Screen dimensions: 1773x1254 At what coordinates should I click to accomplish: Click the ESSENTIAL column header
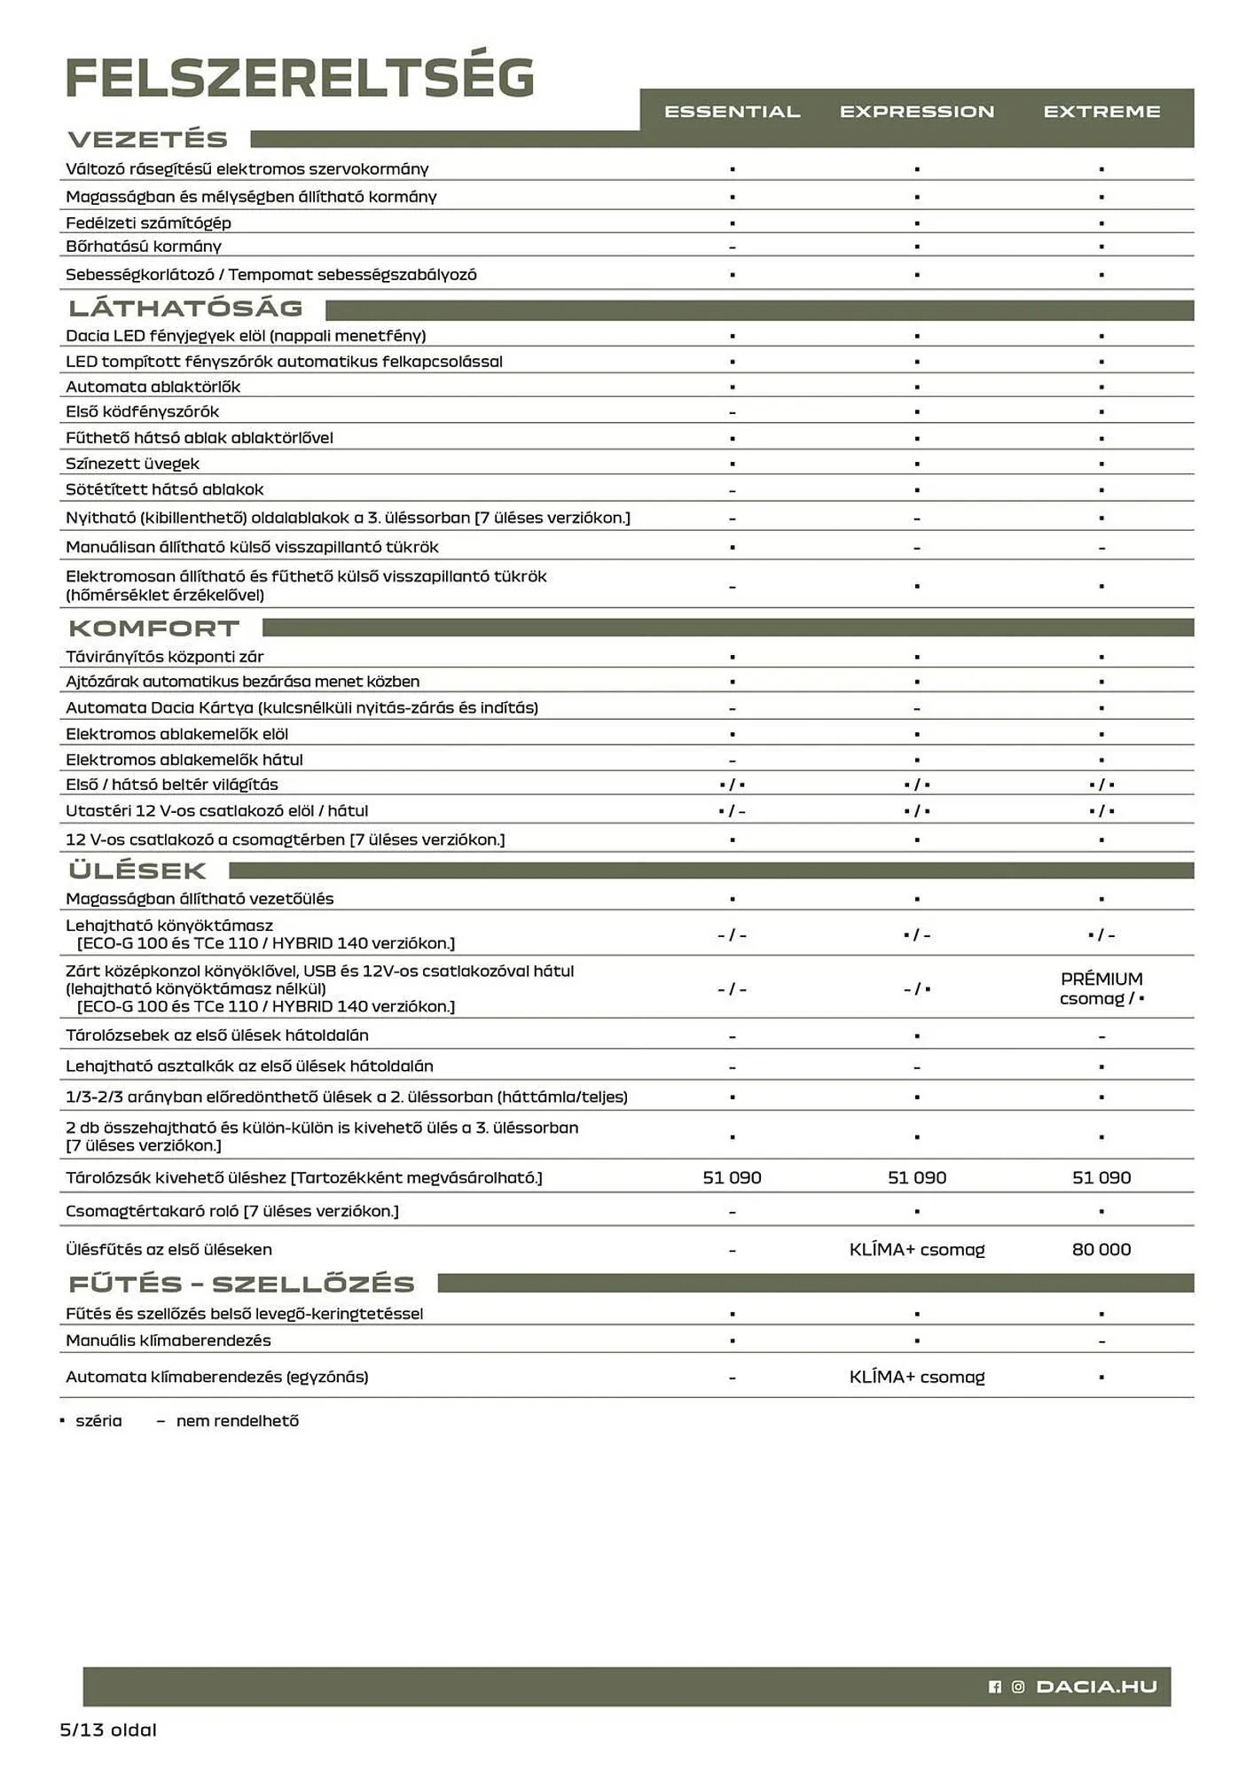pos(732,112)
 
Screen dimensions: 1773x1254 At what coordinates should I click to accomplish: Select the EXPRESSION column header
pos(917,112)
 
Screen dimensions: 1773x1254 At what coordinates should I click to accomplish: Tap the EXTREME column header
pos(1101,112)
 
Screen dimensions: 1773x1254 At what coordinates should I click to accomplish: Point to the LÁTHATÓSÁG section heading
pos(186,309)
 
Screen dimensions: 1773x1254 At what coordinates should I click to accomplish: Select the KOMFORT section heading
pos(154,629)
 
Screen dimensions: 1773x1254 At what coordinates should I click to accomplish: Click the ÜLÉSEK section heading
pos(137,871)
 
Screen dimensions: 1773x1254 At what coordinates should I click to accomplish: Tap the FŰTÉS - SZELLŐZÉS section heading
pos(241,1284)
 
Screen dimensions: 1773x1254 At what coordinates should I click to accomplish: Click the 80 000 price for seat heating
pos(1101,1249)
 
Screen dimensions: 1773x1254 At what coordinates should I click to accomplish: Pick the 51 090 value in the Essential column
pos(732,1177)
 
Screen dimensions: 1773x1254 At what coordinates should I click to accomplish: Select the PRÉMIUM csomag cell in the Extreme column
pos(1101,988)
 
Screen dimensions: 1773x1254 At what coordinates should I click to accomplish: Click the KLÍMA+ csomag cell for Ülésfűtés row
pos(917,1249)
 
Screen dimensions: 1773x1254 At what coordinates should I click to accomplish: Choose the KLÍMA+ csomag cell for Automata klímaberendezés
pos(917,1377)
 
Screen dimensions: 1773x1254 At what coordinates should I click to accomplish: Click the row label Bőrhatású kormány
pos(144,246)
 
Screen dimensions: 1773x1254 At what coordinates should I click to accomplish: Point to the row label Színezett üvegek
pos(133,464)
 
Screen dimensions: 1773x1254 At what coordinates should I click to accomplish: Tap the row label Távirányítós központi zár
pos(165,657)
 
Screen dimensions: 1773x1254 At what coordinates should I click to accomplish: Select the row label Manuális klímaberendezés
pos(169,1340)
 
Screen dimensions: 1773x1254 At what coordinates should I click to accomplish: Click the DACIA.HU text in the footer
pos(1096,1686)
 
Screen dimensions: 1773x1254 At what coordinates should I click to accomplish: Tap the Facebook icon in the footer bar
pos(995,1687)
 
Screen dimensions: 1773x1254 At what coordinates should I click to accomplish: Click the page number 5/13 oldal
pos(108,1730)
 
